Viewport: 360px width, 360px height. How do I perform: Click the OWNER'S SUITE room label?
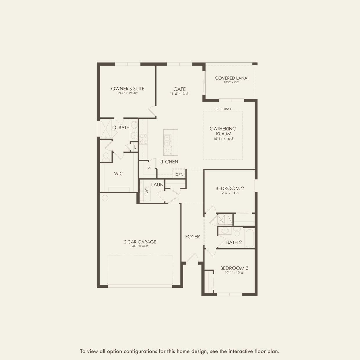coord(127,89)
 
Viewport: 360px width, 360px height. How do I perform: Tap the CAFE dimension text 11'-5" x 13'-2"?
coord(179,94)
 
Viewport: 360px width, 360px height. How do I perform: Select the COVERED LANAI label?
coord(231,78)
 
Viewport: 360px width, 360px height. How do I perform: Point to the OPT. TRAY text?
coord(223,109)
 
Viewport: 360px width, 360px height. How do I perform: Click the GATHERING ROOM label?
coord(223,131)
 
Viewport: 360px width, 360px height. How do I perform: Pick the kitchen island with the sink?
coord(170,143)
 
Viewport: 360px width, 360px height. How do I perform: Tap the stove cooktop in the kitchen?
coord(143,139)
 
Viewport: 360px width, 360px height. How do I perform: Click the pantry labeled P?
coord(148,168)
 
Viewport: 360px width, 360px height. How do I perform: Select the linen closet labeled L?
coord(135,147)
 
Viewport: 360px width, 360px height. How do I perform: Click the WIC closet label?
coord(118,174)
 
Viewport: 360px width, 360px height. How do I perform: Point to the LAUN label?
coord(157,185)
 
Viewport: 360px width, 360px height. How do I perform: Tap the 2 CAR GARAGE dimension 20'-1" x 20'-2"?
coord(140,246)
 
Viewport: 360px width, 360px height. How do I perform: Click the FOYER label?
coord(192,237)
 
